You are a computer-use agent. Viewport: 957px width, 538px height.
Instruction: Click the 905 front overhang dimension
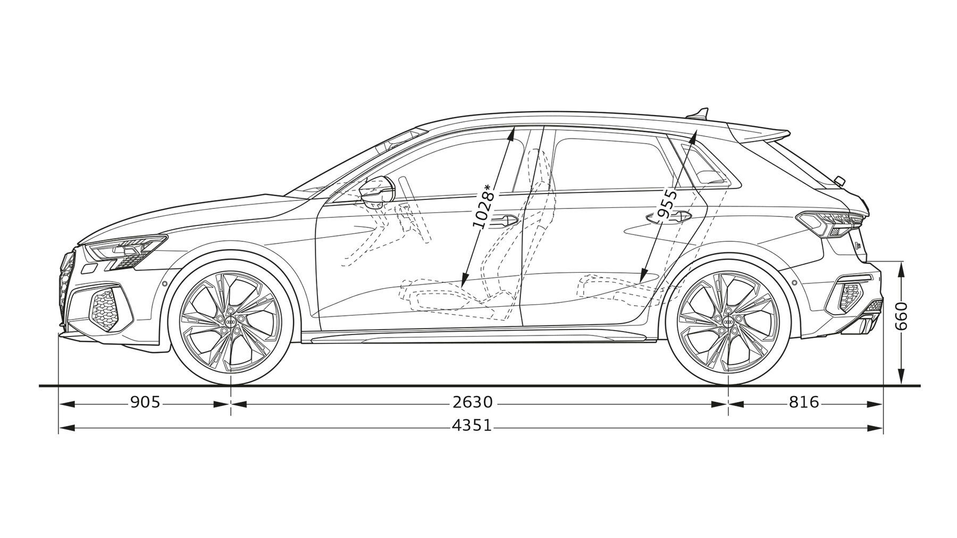145,402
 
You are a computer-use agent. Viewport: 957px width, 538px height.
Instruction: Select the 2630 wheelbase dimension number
473,402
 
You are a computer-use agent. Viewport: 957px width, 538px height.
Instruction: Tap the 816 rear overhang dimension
804,402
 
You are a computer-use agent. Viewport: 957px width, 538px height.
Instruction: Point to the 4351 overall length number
472,426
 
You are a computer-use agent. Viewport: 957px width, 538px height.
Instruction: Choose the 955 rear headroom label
668,204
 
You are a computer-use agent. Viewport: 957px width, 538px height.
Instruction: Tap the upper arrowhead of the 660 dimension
901,270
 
